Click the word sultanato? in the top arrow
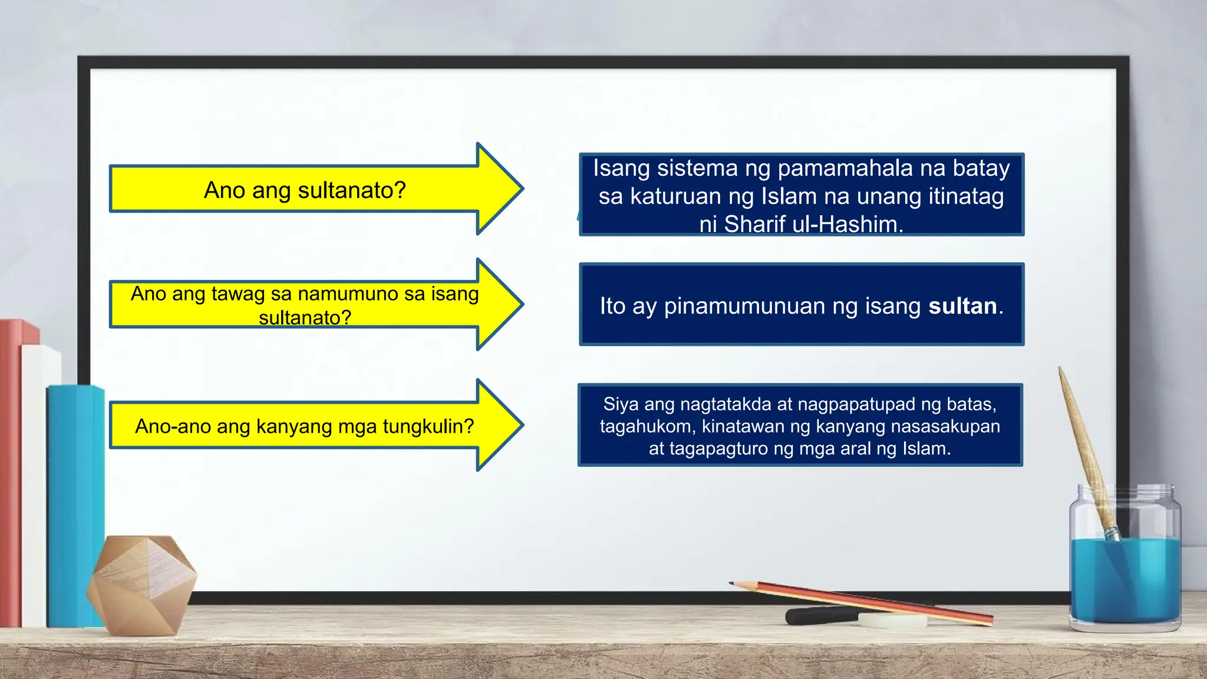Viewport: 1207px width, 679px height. click(352, 190)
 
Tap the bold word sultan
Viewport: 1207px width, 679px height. click(962, 306)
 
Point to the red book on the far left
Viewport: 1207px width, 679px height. click(11, 472)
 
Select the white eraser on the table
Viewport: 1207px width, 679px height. click(891, 620)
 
